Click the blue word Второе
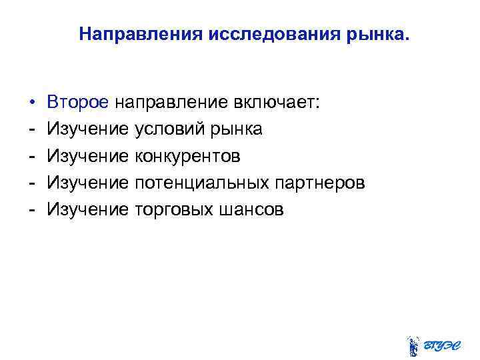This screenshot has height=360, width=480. [x=77, y=103]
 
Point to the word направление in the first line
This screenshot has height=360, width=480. [x=171, y=103]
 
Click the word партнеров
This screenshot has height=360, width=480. [x=326, y=183]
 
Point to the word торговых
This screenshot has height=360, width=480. [x=173, y=209]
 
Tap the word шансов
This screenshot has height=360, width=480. [x=250, y=209]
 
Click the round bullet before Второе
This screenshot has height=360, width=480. [x=32, y=103]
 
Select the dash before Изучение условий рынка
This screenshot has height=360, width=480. [x=32, y=129]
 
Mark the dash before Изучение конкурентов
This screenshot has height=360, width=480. [x=32, y=156]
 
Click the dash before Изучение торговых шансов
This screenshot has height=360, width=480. [x=32, y=209]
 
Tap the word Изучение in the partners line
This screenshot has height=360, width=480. [x=88, y=183]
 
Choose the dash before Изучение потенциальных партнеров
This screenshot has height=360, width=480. [x=32, y=183]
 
